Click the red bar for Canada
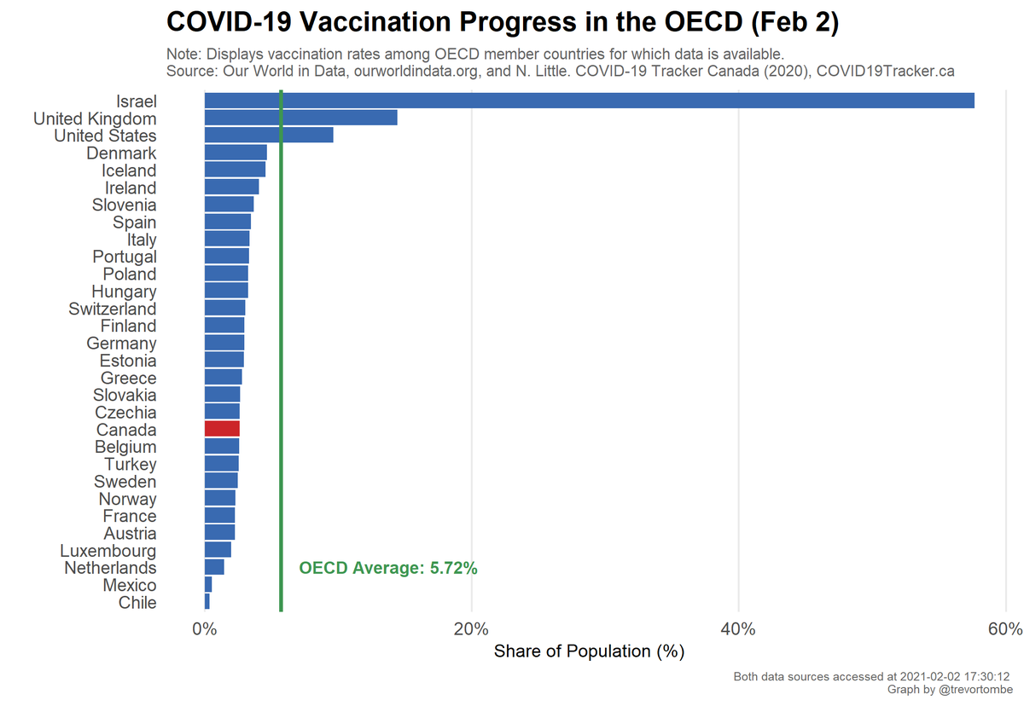click(x=222, y=429)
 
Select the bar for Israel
click(x=589, y=101)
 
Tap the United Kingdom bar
click(x=300, y=118)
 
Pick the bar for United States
click(x=269, y=136)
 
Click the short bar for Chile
click(x=207, y=602)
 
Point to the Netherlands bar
click(x=214, y=567)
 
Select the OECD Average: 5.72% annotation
click(x=387, y=569)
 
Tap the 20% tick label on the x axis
click(x=471, y=630)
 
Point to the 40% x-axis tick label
click(x=738, y=630)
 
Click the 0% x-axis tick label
click(x=204, y=630)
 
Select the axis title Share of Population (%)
click(x=589, y=652)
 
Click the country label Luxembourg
click(x=108, y=550)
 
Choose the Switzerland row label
click(x=113, y=309)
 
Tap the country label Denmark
click(x=121, y=153)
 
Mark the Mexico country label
click(x=130, y=585)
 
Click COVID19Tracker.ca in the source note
click(x=885, y=72)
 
